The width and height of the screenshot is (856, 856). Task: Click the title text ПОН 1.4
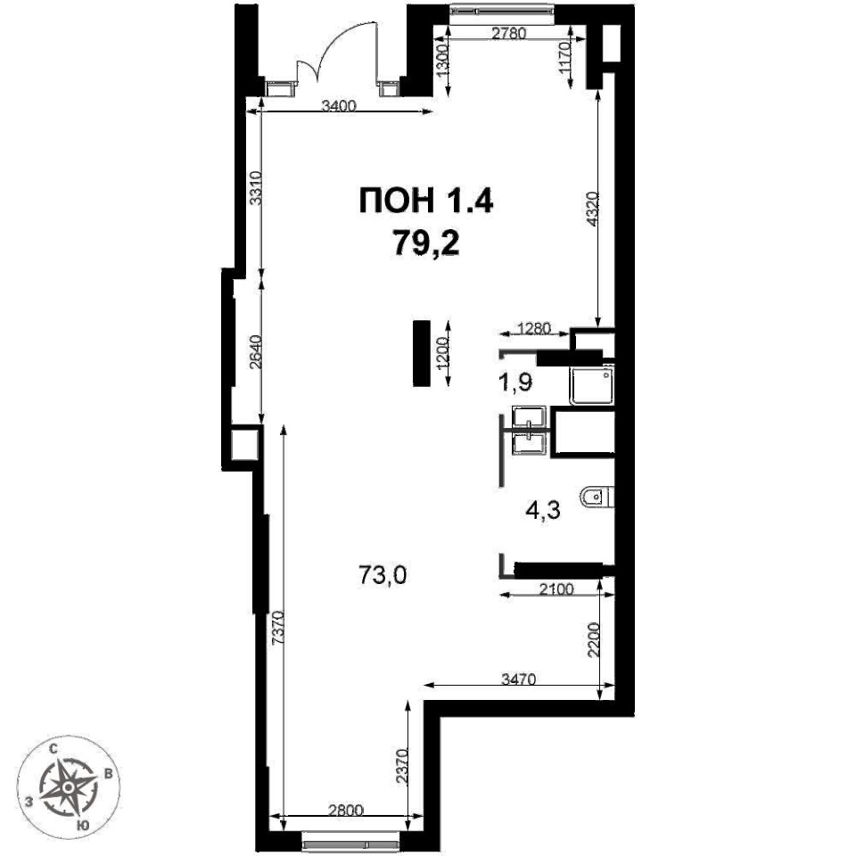(426, 201)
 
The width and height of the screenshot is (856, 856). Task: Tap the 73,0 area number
(383, 575)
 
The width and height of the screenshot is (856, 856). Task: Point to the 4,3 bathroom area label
(543, 512)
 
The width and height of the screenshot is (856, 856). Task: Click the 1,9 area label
(514, 383)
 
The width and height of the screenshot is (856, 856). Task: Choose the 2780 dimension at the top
(509, 33)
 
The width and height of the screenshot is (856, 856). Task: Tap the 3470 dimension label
(519, 679)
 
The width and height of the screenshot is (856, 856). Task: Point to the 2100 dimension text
(556, 589)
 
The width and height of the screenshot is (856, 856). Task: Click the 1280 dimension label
(535, 329)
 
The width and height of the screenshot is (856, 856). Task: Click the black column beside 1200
(421, 353)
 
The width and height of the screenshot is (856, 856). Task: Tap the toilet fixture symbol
(597, 498)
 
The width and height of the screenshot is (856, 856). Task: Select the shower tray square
(592, 385)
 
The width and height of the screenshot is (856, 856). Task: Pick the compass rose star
(68, 787)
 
